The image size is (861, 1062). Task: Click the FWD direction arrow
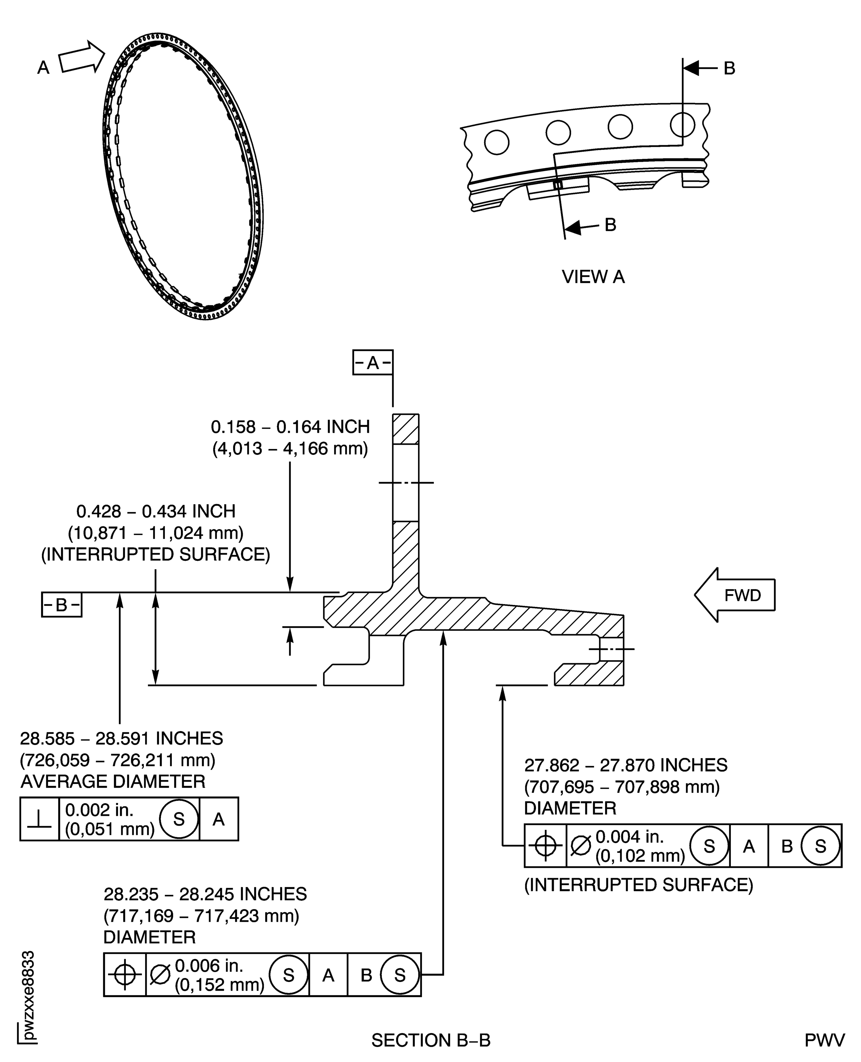(x=734, y=595)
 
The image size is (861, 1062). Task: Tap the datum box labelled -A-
(x=373, y=363)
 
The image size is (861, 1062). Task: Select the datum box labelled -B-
(x=61, y=604)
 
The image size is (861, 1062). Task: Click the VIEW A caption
(x=593, y=277)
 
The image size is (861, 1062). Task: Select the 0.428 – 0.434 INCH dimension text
(x=156, y=511)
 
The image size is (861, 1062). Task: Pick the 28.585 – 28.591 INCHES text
(x=122, y=738)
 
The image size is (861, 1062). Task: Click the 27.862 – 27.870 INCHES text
(x=626, y=765)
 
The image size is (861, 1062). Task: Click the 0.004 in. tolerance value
(x=629, y=836)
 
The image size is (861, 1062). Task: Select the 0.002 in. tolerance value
(x=100, y=810)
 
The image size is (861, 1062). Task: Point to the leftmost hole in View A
(x=496, y=142)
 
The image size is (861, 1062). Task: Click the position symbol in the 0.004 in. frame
(x=545, y=846)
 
